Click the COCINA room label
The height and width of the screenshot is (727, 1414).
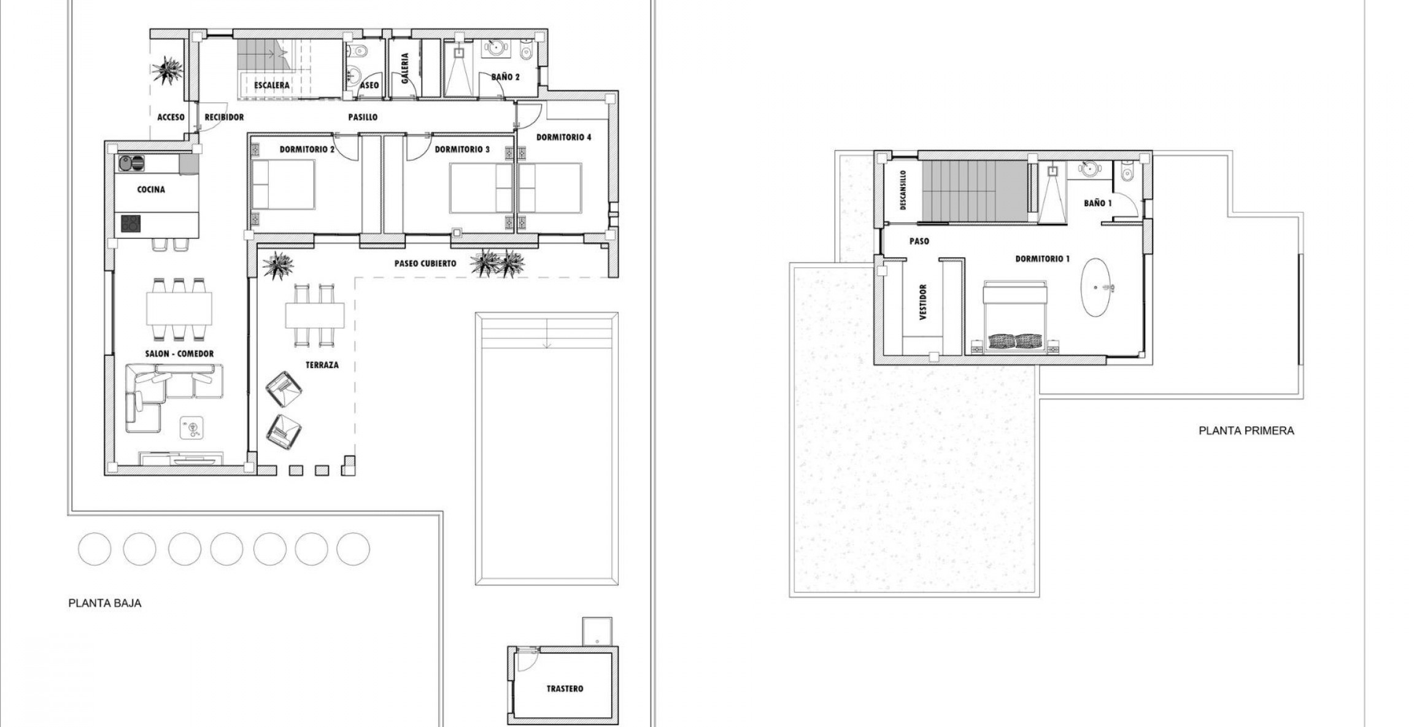pos(151,189)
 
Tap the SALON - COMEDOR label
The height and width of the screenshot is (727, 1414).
pos(179,353)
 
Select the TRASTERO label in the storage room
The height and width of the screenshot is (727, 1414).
pos(565,688)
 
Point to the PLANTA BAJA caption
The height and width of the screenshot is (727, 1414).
pos(105,603)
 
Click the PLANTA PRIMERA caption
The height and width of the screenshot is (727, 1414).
pos(1246,431)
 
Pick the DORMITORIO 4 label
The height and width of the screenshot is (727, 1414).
pos(563,137)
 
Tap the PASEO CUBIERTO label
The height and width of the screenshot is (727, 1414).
pos(425,263)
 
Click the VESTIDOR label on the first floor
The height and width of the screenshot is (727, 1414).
pos(923,301)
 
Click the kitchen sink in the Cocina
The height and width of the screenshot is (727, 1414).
pos(131,163)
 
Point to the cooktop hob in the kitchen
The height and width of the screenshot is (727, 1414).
pos(130,223)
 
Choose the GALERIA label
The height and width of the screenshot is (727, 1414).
pos(404,68)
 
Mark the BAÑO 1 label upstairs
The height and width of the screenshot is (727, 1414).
pos(1097,202)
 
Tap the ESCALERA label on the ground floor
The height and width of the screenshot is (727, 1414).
pos(271,85)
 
